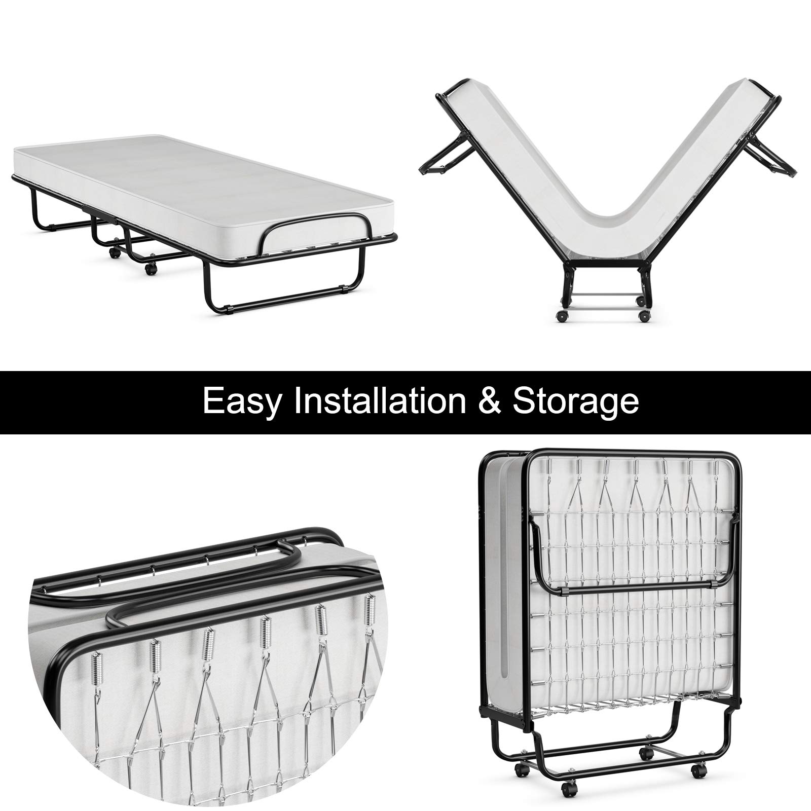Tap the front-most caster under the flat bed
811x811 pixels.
coord(150,269)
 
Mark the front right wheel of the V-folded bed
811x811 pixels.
coord(644,316)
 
